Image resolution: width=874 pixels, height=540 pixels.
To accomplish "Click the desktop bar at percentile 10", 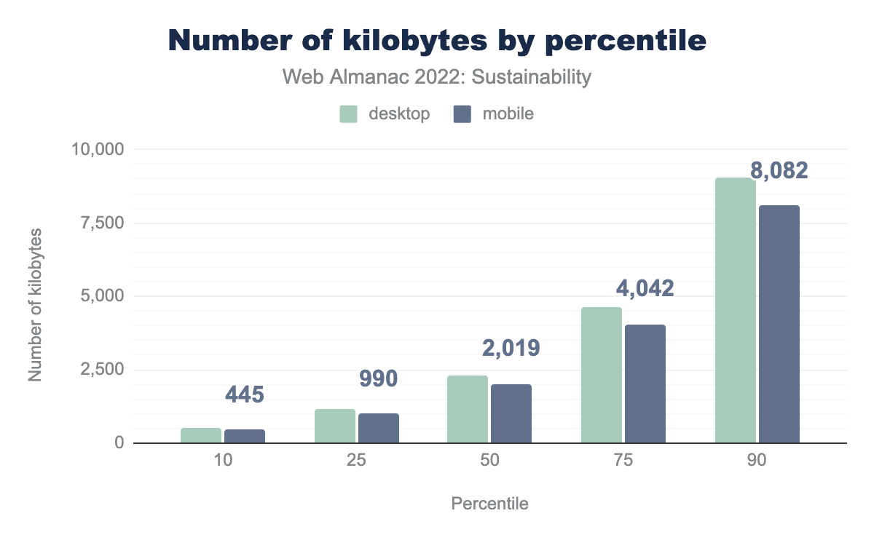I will click(201, 435).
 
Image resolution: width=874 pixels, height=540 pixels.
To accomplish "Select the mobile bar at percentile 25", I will click(379, 428).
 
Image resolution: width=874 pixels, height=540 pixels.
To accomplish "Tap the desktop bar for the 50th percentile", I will click(468, 409).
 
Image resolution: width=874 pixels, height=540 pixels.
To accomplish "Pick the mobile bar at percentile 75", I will click(645, 384).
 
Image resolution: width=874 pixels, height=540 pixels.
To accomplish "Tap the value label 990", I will click(378, 378).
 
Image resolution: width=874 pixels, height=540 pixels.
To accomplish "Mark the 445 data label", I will click(244, 395).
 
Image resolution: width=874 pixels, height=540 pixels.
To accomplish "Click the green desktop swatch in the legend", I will click(349, 114).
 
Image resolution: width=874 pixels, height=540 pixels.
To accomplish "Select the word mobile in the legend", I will click(508, 114).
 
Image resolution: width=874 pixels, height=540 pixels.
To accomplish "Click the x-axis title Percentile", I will click(490, 504).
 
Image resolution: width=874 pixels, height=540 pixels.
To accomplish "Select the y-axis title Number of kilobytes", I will click(35, 305).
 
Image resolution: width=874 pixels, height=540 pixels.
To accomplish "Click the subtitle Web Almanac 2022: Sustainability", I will click(437, 77).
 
